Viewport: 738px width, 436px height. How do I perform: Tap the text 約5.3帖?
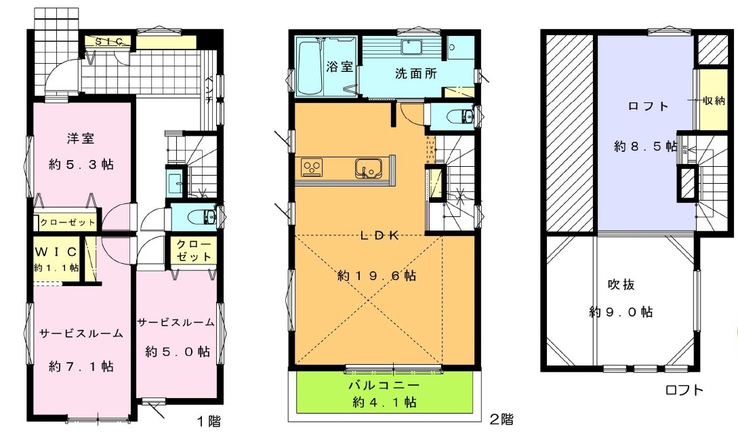click(81, 164)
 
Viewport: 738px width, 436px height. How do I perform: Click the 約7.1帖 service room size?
click(81, 366)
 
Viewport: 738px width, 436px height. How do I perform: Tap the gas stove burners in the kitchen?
click(314, 167)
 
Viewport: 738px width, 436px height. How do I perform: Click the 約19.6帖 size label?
click(377, 276)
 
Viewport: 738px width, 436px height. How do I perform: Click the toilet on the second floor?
click(464, 115)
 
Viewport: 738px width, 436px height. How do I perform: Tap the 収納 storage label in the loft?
click(714, 100)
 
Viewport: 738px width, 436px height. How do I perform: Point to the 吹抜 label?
click(620, 285)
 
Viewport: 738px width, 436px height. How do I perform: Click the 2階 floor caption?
click(501, 419)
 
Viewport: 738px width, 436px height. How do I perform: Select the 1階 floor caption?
click(209, 421)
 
